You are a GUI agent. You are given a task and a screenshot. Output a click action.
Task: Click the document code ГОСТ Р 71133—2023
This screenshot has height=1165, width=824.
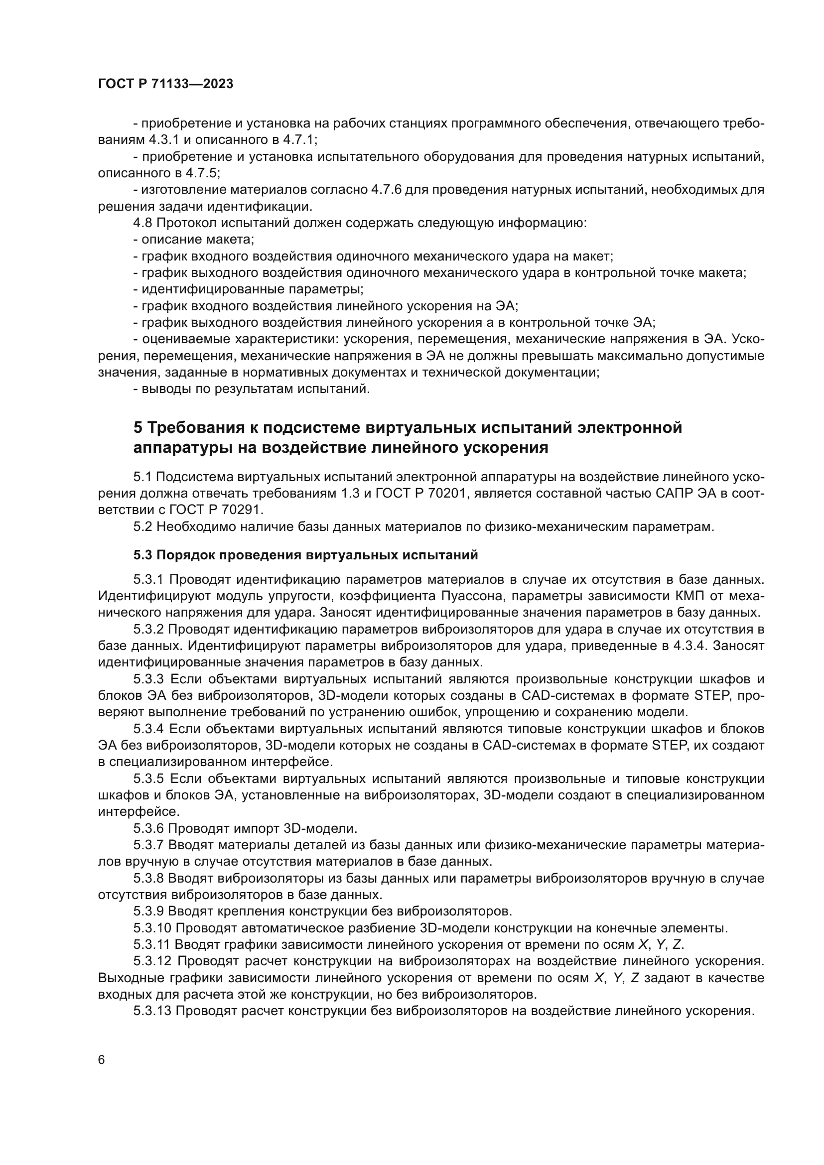tap(165, 84)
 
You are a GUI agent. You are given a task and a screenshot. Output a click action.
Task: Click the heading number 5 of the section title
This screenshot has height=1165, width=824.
tap(138, 428)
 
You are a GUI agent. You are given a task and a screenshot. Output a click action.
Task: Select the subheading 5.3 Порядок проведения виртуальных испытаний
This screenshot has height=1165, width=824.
tap(305, 555)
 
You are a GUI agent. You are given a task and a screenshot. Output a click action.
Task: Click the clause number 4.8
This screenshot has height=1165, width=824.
tap(142, 223)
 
